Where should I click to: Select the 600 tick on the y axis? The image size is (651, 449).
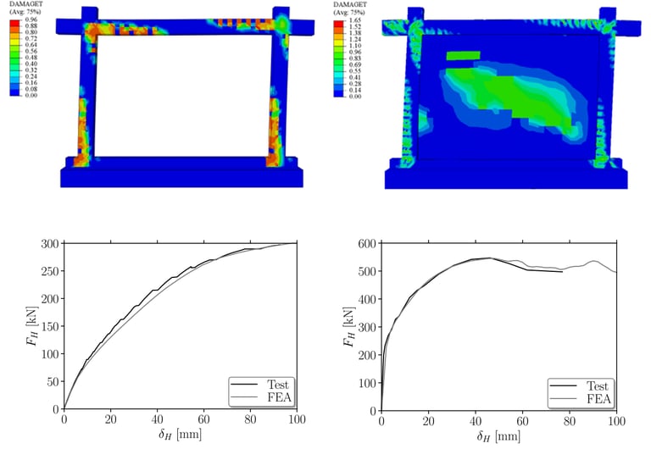pyautogui.click(x=368, y=243)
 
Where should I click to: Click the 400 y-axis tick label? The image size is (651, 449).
pyautogui.click(x=368, y=299)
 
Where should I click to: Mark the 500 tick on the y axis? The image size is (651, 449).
pyautogui.click(x=368, y=271)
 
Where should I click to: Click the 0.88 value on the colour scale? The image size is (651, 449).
pyautogui.click(x=31, y=25)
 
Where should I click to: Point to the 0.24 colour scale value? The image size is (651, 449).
pyautogui.click(x=31, y=77)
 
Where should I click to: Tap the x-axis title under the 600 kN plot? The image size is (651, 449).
pyautogui.click(x=498, y=438)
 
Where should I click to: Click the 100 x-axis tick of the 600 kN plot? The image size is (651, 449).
pyautogui.click(x=616, y=421)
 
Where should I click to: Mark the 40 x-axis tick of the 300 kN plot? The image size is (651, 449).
pyautogui.click(x=157, y=421)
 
